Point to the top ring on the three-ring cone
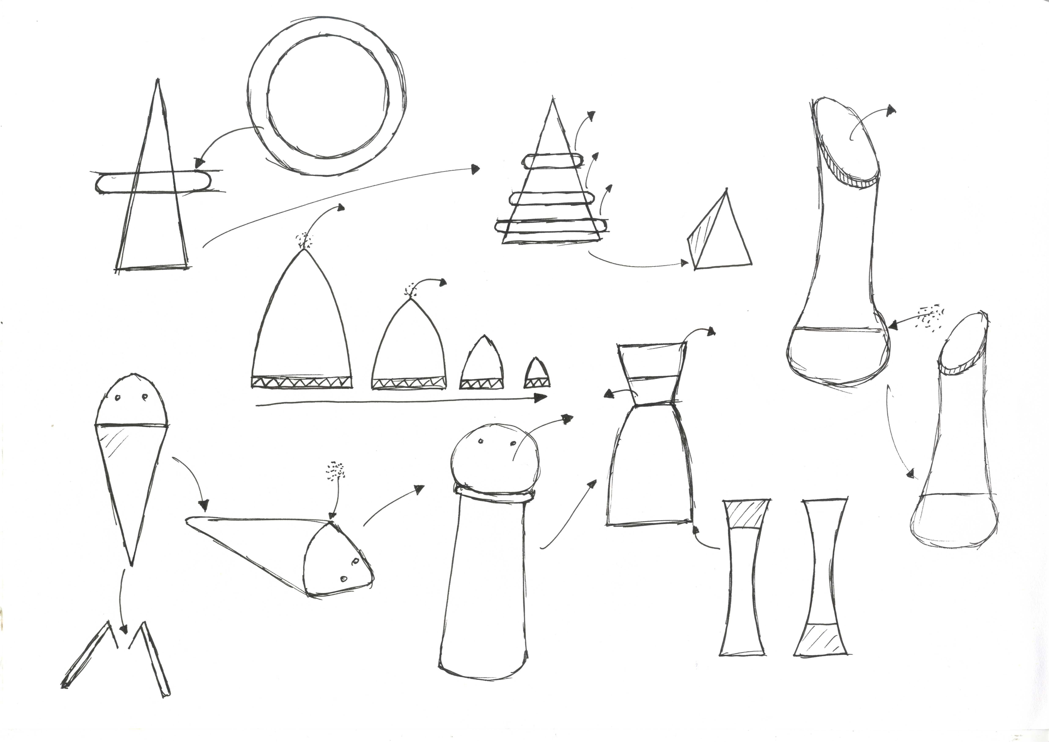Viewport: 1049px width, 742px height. pyautogui.click(x=553, y=161)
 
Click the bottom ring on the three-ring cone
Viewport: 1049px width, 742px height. pyautogui.click(x=551, y=225)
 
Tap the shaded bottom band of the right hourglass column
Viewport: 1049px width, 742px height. pyautogui.click(x=821, y=639)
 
